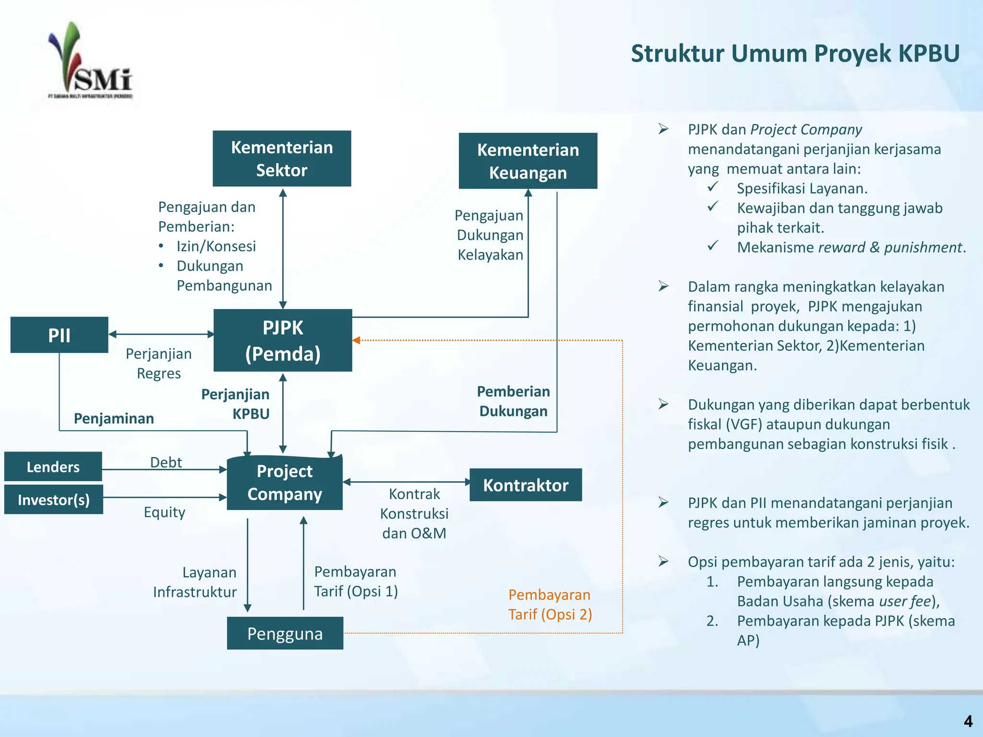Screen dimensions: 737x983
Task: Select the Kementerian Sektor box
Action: click(282, 158)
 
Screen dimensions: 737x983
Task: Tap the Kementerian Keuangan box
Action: click(528, 161)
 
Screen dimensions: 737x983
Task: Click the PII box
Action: click(59, 335)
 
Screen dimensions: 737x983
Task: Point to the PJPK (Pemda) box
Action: click(283, 340)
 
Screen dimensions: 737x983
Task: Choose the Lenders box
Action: click(53, 466)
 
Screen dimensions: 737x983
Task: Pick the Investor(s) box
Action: click(53, 499)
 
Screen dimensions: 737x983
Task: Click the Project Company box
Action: click(285, 482)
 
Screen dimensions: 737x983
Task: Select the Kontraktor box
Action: click(526, 485)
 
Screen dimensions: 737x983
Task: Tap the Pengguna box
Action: click(285, 633)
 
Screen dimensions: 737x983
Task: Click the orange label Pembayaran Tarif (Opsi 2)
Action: click(550, 605)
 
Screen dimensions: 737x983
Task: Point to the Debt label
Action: click(166, 462)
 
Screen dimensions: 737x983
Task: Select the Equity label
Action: click(164, 512)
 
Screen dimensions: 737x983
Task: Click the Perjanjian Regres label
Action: click(158, 363)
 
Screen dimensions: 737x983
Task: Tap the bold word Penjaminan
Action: click(114, 418)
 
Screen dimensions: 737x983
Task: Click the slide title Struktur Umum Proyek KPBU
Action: click(795, 53)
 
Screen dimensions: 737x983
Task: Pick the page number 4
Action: click(968, 721)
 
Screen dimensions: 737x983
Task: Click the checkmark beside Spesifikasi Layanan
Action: click(713, 186)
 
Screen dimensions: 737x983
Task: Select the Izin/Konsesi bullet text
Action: click(216, 246)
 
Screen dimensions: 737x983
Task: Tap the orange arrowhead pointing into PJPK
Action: click(356, 340)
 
